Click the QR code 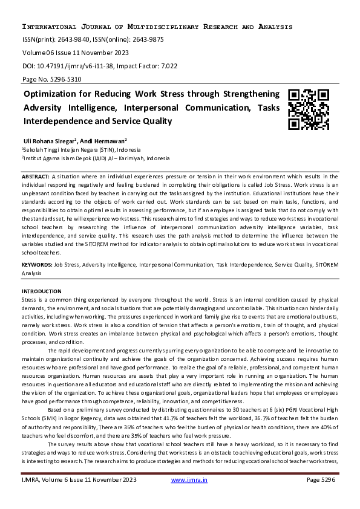coord(309,110)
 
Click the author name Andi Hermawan coord(118,140)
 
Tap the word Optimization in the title coord(51,94)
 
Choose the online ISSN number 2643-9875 coord(145,40)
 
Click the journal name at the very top coord(157,27)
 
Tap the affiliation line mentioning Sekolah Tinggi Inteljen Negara coord(82,149)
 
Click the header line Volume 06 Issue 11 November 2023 coord(77,53)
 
